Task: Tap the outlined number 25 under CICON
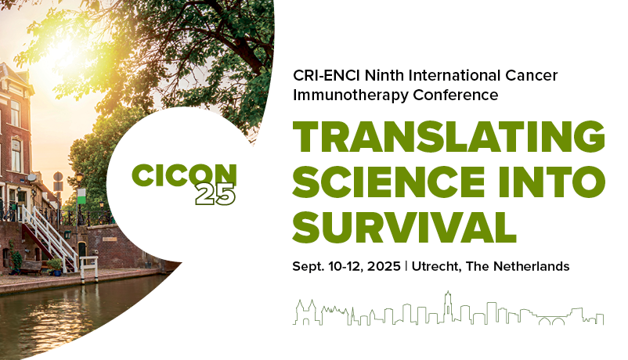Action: click(215, 195)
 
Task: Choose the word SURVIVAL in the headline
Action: click(405, 226)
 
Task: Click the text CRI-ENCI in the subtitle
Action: click(322, 76)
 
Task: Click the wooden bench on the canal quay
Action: click(31, 267)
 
